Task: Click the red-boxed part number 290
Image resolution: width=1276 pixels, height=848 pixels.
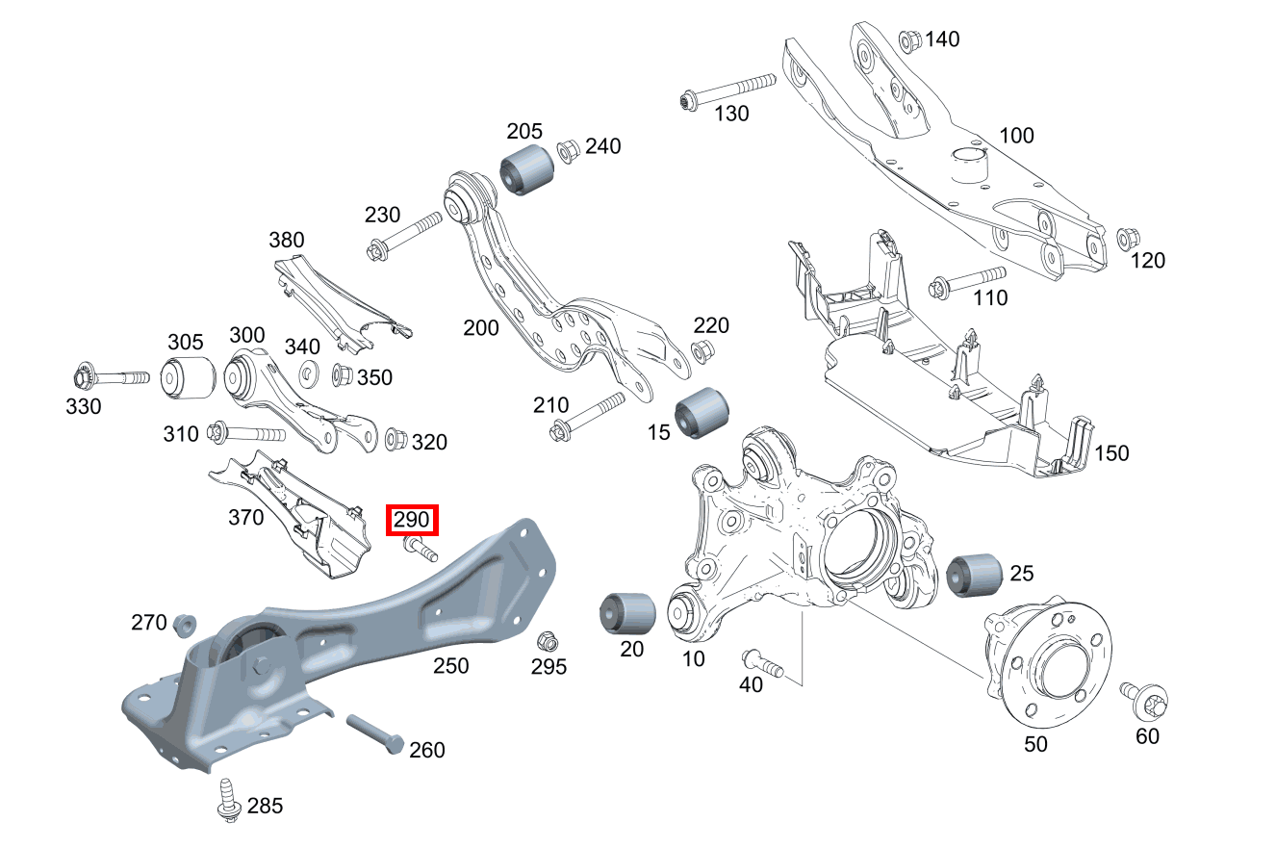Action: click(412, 521)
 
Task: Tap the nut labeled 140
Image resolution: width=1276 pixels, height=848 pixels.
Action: click(909, 41)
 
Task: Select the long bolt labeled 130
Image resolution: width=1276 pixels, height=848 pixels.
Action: click(727, 90)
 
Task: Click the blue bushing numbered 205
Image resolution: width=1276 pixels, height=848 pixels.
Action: click(526, 170)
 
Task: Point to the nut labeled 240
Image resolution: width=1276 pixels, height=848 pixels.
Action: click(568, 151)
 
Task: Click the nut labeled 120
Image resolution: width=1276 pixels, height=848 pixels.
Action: click(1127, 238)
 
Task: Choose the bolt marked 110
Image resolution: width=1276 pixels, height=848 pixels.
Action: click(966, 282)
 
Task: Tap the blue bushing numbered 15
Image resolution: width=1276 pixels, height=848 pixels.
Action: click(701, 411)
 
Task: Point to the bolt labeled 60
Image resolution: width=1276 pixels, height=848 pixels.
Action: click(1143, 701)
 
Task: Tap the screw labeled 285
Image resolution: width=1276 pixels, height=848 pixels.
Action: click(228, 799)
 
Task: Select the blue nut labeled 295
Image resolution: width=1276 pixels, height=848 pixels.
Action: click(546, 640)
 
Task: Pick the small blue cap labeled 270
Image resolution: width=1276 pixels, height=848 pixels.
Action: click(183, 624)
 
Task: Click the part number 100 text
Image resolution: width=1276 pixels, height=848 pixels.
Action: click(1017, 135)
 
